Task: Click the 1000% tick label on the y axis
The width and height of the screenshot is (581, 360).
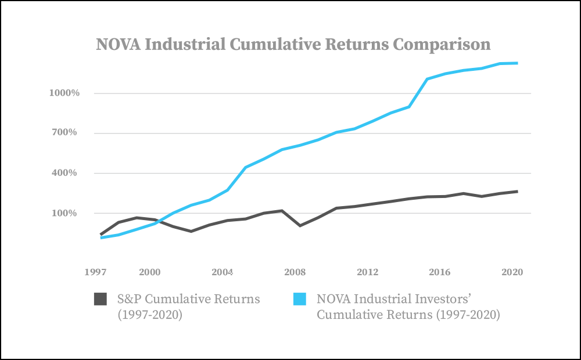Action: [x=63, y=93]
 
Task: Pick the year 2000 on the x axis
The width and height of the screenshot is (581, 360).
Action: [x=150, y=272]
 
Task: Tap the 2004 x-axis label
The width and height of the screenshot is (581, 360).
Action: [x=223, y=272]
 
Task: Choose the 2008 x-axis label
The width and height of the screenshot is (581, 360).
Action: [x=295, y=272]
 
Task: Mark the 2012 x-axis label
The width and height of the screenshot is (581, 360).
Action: [x=368, y=272]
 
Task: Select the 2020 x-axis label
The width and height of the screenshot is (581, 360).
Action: [x=510, y=272]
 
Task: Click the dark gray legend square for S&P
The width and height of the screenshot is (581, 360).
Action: [x=101, y=299]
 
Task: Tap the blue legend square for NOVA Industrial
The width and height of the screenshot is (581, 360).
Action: [x=300, y=299]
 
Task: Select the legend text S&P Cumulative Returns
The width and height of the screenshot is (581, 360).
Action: [x=189, y=299]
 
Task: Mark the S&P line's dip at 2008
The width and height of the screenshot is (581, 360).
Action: [x=300, y=225]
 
